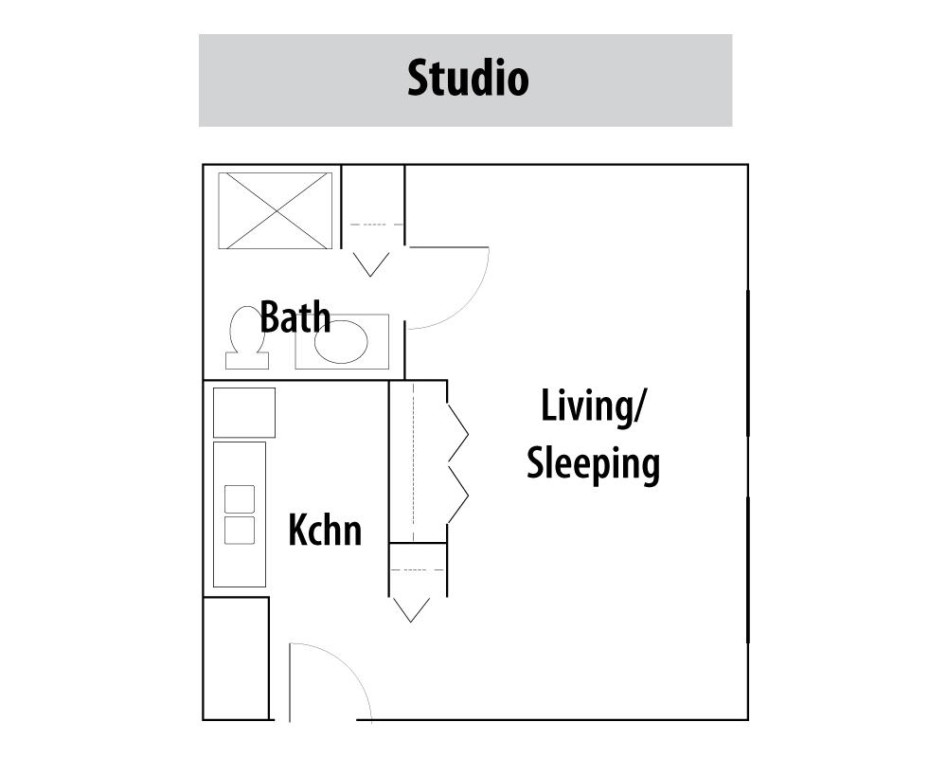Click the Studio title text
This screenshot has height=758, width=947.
[468, 78]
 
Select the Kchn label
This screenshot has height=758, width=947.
[325, 530]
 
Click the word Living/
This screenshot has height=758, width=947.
[593, 406]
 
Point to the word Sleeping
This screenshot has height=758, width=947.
[593, 465]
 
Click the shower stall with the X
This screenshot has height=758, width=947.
[275, 210]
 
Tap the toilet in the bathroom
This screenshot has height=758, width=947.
[247, 337]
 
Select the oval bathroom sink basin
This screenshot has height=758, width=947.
[341, 342]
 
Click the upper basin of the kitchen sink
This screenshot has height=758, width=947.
[240, 498]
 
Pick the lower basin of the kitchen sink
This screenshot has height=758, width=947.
[240, 530]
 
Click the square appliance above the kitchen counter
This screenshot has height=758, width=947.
[244, 412]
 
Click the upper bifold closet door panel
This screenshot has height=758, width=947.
[458, 434]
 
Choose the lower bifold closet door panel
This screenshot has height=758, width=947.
[458, 495]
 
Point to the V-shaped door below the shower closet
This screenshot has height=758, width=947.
[371, 264]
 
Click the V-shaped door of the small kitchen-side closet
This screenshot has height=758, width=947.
[411, 610]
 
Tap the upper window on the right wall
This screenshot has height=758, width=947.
[748, 363]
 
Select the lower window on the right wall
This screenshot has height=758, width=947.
[748, 570]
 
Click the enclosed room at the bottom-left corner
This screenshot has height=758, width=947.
[236, 659]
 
